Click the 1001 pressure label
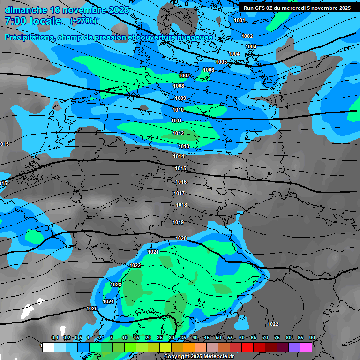[x=239, y=20]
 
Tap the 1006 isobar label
[x=209, y=70]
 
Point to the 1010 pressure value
[x=178, y=110]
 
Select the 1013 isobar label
[x=184, y=146]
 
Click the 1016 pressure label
[x=181, y=182]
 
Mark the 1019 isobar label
[x=178, y=222]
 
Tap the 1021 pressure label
[x=153, y=252]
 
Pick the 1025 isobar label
[x=92, y=308]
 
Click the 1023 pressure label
[x=116, y=285]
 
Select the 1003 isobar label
[x=251, y=46]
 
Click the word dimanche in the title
[x=26, y=10]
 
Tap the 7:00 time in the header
[x=16, y=21]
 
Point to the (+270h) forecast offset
[x=83, y=21]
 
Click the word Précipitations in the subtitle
[x=30, y=37]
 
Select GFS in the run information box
[x=259, y=8]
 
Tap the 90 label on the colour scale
[x=312, y=337]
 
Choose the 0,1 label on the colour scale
[x=55, y=337]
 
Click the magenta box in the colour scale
[x=306, y=347]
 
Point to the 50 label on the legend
[x=218, y=337]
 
